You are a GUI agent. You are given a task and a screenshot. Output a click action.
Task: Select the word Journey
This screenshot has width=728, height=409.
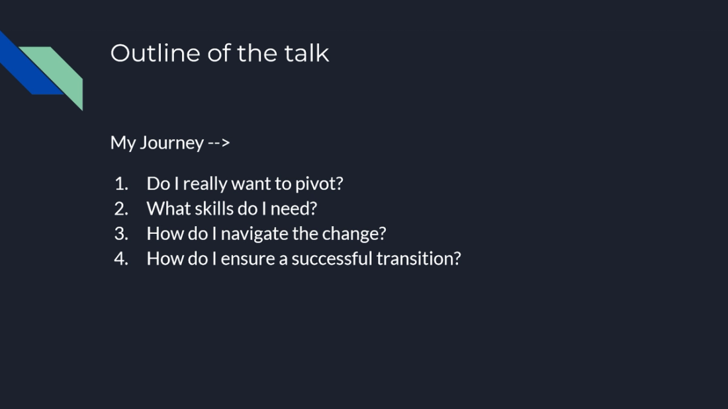click(x=171, y=143)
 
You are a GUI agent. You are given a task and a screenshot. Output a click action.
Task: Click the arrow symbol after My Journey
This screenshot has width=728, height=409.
click(x=219, y=143)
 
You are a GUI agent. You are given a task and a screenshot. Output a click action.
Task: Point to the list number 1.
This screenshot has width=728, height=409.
click(x=120, y=184)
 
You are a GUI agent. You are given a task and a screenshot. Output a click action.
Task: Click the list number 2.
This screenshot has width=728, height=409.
click(x=120, y=209)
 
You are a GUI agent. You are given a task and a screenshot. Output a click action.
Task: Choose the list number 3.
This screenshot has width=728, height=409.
click(x=120, y=234)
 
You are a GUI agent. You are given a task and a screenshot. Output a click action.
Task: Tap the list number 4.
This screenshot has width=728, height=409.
click(x=120, y=259)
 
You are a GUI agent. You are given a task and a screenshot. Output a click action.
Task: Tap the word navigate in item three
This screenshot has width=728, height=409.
click(x=255, y=235)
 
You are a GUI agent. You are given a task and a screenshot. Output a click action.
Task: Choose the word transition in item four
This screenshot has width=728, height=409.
click(x=417, y=259)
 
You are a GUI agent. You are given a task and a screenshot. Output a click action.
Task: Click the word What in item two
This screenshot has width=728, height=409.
click(x=163, y=209)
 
